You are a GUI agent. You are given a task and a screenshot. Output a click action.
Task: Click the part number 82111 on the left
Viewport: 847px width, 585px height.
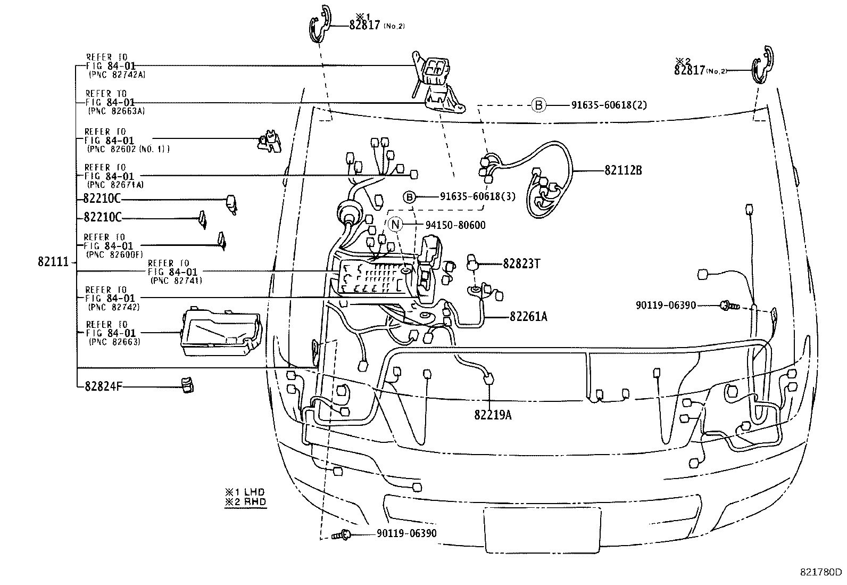[x=53, y=262]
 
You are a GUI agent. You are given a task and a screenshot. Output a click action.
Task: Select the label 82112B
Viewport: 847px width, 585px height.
[x=623, y=171]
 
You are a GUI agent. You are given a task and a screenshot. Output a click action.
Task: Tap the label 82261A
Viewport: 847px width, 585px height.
[x=528, y=317]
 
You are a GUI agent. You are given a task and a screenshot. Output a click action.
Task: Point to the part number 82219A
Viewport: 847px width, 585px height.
[x=493, y=415]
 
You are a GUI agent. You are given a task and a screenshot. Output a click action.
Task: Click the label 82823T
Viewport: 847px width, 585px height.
[x=521, y=263]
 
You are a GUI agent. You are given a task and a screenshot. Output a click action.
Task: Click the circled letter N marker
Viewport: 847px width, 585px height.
[x=395, y=225]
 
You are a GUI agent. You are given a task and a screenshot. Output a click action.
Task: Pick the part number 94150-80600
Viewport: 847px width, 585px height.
[x=455, y=225]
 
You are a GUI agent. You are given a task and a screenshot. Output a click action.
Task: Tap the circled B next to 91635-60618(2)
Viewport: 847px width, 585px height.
[x=538, y=105]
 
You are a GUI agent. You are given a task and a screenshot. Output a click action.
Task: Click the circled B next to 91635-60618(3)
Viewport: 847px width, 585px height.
[x=409, y=197]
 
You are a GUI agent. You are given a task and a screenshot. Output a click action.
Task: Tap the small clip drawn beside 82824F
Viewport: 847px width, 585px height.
[x=187, y=385]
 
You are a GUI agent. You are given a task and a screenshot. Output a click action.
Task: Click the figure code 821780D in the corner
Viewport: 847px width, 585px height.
[x=821, y=573]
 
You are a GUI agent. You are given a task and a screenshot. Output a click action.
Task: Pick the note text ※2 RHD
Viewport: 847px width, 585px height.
[x=245, y=501]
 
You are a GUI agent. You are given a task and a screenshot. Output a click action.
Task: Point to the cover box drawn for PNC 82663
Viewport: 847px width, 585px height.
[x=220, y=332]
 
